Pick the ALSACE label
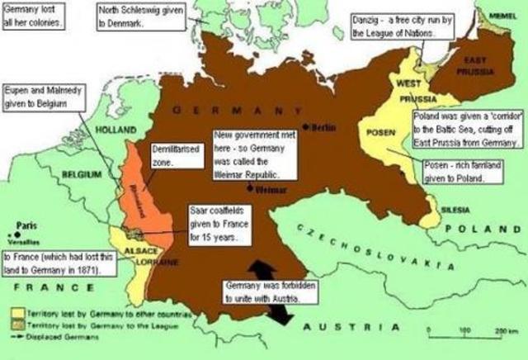pos(135,251)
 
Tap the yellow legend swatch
pos(19,315)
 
